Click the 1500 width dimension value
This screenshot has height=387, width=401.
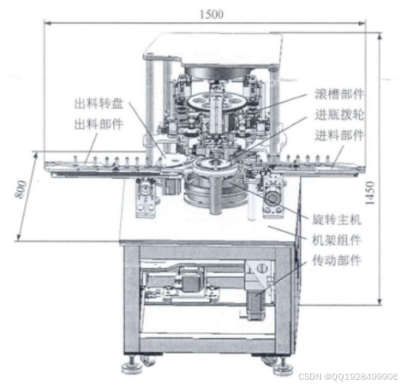coord(211,14)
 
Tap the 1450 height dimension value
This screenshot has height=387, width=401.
coord(370,193)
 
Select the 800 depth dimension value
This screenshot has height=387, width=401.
coord(21,189)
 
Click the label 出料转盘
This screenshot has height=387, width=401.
coord(99,103)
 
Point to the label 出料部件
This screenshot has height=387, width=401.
coord(99,124)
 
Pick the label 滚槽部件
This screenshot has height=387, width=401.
coord(340,94)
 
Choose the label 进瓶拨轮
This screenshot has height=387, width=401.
coord(340,114)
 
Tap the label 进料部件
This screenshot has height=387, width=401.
coord(340,135)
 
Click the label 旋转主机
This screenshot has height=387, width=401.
coord(336,220)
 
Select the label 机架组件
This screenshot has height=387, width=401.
coord(336,240)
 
